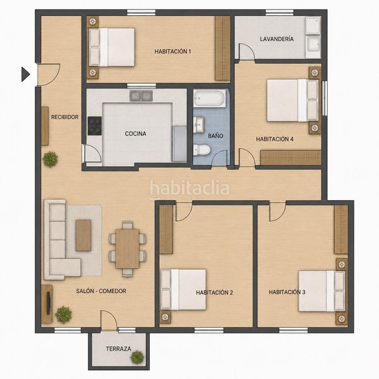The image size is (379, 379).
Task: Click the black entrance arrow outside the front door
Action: pos(25,74)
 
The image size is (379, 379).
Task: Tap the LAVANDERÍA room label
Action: pos(277,39)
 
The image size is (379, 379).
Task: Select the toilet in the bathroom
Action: pos(202,150)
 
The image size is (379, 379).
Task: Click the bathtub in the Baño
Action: pos(210,99)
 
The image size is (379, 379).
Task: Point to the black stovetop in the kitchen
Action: pos(95,126)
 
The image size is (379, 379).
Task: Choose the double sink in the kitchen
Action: pos(141,96)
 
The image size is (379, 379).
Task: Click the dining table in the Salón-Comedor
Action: pos(128,249)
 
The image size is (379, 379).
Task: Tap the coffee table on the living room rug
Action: pos(83,235)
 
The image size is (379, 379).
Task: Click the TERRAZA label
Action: pos(119,349)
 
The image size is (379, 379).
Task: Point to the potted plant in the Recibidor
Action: pos(51,159)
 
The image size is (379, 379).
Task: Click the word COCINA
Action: pos(135,134)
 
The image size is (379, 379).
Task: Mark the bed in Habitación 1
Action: pos(111,47)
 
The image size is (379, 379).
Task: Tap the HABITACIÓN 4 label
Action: pos(275,139)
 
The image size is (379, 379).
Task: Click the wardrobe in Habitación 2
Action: pos(166,229)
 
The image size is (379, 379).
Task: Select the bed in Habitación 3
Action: pos(322,291)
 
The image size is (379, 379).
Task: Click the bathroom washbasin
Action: pos(199,124)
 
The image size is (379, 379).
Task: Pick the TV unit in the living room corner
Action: pos(47,304)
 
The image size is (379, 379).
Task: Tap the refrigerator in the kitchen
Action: pos(179,143)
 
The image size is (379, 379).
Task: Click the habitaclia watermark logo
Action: pos(189,189)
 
